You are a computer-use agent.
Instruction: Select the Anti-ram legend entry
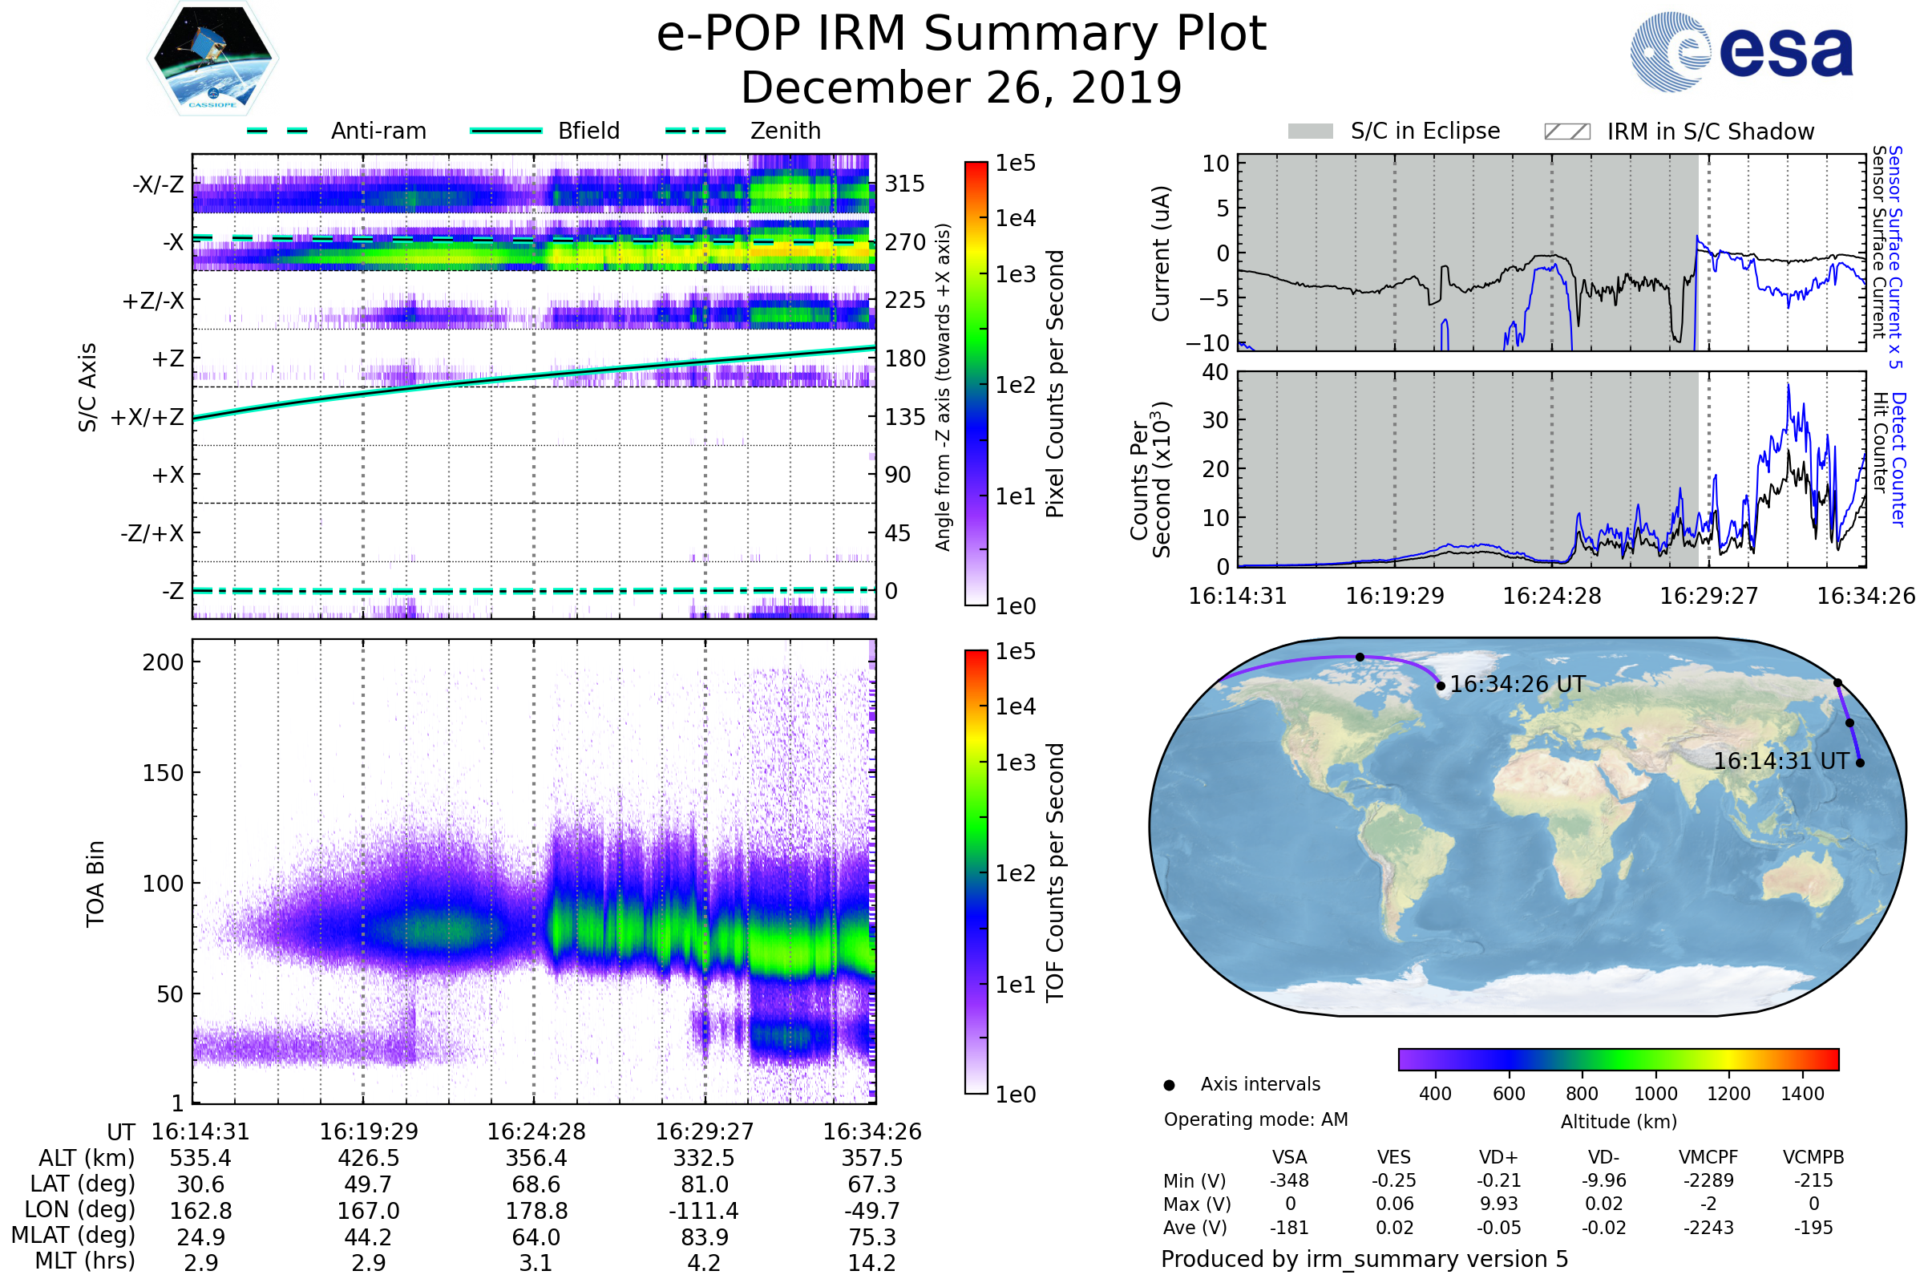[x=378, y=131]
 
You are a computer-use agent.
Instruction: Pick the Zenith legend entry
[x=785, y=131]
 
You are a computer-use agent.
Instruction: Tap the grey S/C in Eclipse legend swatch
[x=1310, y=132]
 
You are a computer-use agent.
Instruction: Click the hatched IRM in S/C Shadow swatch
[x=1566, y=132]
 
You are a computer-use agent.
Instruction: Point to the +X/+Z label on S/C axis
[x=148, y=417]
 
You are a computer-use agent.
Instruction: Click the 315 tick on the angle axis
[x=904, y=184]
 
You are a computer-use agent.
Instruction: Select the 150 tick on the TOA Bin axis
[x=163, y=773]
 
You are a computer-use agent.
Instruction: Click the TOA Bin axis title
[x=95, y=884]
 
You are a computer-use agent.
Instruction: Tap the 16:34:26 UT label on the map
[x=1517, y=684]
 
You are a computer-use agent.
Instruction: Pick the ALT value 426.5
[x=368, y=1159]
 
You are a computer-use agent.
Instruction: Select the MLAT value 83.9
[x=705, y=1237]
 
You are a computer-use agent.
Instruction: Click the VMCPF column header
[x=1708, y=1158]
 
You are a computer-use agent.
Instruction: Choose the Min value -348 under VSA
[x=1289, y=1180]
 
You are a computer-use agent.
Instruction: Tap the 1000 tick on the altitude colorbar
[x=1655, y=1094]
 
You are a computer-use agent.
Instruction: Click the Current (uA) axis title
[x=1161, y=253]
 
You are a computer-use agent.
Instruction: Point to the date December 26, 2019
[x=961, y=87]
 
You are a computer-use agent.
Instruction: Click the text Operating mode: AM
[x=1255, y=1119]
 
